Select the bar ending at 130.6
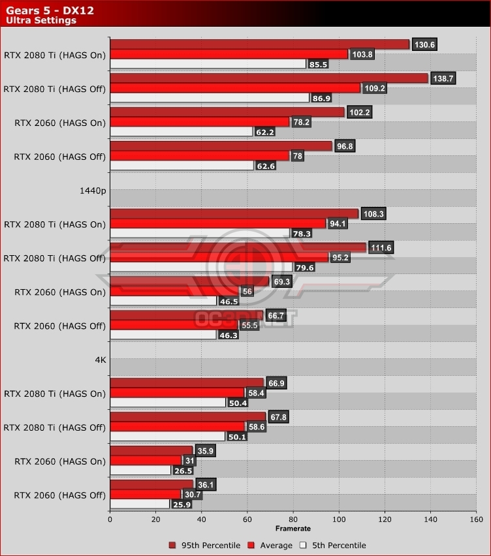click(259, 44)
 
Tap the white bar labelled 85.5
click(208, 64)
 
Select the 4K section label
click(99, 360)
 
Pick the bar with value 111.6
click(238, 247)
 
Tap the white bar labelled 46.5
click(163, 301)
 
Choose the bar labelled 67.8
click(187, 416)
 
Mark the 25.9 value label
click(182, 504)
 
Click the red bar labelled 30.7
click(145, 495)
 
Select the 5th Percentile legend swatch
click(303, 545)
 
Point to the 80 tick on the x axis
click(293, 520)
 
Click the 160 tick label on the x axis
click(476, 520)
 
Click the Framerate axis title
click(293, 529)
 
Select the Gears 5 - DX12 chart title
click(44, 8)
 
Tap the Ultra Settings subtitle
click(41, 20)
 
